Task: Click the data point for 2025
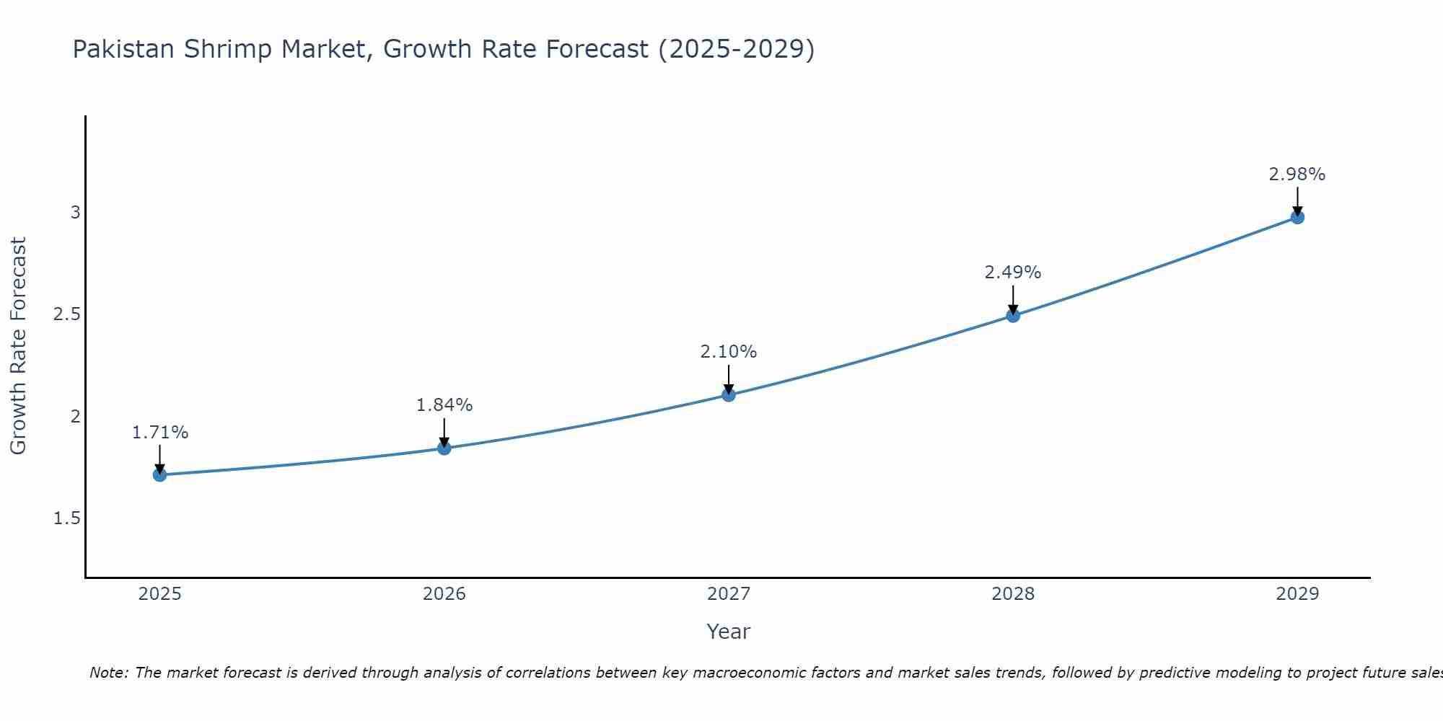coord(159,474)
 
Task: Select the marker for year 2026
coord(444,448)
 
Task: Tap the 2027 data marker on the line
coord(728,394)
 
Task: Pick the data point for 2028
coord(1012,315)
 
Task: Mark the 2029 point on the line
coord(1297,217)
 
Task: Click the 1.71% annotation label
coord(159,433)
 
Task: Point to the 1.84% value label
coord(444,405)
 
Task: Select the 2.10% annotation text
coord(728,352)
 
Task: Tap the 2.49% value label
coord(1012,273)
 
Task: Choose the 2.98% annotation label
coord(1297,174)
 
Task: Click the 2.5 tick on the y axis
coord(66,314)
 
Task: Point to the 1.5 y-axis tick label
coord(66,518)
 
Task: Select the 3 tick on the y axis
coord(75,213)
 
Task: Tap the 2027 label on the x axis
coord(728,594)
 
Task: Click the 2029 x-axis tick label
coord(1297,594)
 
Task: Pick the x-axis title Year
coord(728,632)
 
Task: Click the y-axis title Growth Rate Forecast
coord(18,346)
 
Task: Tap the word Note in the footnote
coord(108,673)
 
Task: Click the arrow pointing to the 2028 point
coord(1012,299)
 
